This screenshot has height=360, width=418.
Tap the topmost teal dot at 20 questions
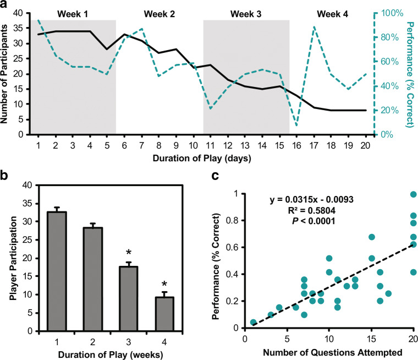(414, 194)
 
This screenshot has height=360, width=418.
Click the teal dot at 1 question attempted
(253, 323)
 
